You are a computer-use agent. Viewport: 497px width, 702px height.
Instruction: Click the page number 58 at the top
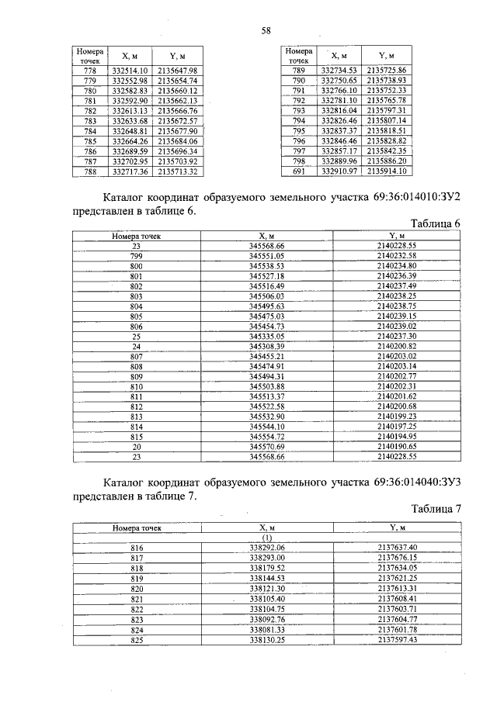(x=266, y=30)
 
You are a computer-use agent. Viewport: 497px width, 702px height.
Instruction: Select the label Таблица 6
(x=436, y=223)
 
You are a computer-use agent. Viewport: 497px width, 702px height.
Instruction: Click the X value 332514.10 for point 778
(x=130, y=71)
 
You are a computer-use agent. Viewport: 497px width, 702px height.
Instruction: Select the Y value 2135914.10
(x=398, y=171)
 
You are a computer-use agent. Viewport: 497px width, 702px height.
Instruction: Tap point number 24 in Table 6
(x=136, y=346)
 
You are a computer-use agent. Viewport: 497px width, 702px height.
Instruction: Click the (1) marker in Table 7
(x=267, y=537)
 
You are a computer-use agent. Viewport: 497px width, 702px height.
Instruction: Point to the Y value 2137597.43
(x=398, y=640)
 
